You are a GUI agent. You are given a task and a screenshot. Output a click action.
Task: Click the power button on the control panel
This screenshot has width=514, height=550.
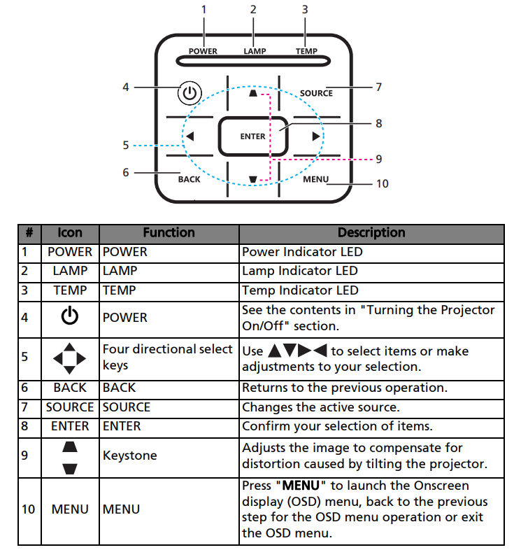tap(190, 92)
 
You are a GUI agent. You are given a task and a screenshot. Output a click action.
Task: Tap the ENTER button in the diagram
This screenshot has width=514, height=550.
tap(252, 136)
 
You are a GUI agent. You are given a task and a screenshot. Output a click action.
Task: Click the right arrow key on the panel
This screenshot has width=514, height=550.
tap(316, 136)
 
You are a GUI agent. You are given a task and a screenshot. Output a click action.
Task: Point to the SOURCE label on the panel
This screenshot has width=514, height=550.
tap(316, 93)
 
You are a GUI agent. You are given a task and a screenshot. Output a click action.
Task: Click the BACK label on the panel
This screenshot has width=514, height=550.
tap(189, 179)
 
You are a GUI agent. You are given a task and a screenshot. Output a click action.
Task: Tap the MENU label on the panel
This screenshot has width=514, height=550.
tap(315, 179)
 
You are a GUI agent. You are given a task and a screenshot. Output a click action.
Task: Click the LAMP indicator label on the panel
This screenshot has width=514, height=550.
tap(255, 51)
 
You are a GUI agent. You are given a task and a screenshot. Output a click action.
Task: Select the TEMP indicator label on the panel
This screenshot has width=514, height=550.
tap(306, 51)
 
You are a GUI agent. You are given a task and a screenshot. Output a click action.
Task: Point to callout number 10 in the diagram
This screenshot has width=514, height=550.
tap(382, 184)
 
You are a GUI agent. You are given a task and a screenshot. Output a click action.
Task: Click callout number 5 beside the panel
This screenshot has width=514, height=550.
tap(126, 146)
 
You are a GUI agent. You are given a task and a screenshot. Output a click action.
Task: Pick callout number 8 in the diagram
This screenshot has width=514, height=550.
tap(378, 123)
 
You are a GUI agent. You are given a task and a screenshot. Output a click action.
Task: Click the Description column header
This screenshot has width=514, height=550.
tap(371, 233)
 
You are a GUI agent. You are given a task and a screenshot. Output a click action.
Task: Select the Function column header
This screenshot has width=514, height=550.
tap(169, 233)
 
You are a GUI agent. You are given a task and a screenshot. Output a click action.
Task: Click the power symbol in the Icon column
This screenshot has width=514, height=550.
tap(70, 317)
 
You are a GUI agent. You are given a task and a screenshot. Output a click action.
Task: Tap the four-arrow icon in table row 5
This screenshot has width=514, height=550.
tap(70, 358)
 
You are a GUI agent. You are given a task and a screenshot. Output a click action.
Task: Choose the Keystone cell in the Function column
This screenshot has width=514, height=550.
tap(129, 456)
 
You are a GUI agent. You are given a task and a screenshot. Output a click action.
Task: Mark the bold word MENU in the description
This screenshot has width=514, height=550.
tap(300, 486)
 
